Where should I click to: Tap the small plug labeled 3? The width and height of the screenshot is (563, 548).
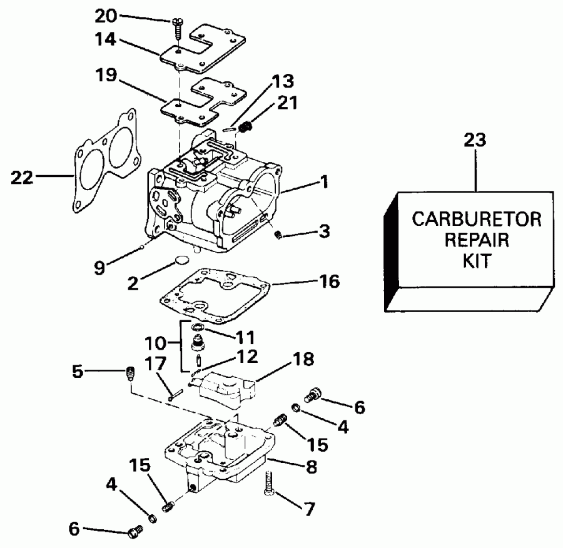(x=280, y=235)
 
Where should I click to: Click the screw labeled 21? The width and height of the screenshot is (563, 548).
(x=247, y=128)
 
